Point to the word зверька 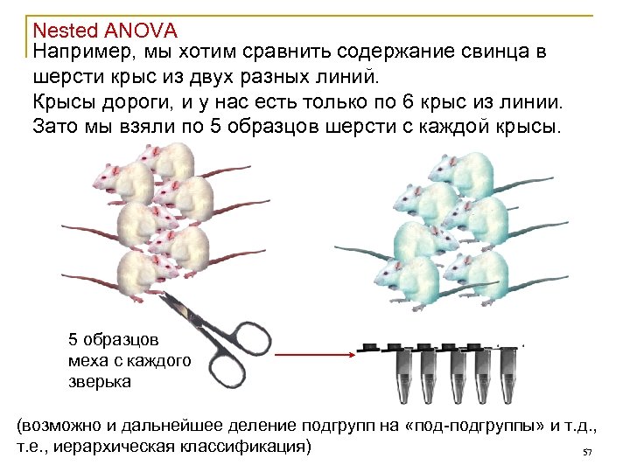[x=100, y=381]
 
